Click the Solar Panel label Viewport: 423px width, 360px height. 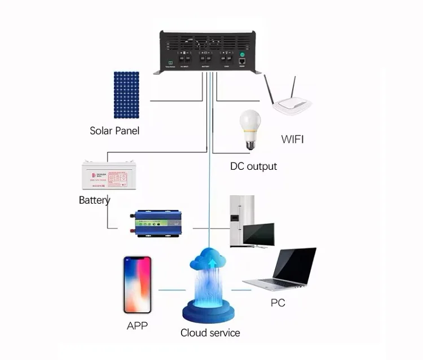coord(114,131)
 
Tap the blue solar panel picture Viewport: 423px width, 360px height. coord(127,94)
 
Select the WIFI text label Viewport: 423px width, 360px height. coord(292,139)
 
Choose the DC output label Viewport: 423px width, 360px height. coord(254,166)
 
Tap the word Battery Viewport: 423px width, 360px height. coord(95,200)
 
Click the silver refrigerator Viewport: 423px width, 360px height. coord(241,221)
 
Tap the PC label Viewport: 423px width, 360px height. coord(277,303)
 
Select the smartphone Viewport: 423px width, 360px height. coord(138,284)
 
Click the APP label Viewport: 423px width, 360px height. coord(138,326)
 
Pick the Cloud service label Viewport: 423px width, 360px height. coord(210,332)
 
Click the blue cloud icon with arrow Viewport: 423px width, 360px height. coord(210,261)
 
